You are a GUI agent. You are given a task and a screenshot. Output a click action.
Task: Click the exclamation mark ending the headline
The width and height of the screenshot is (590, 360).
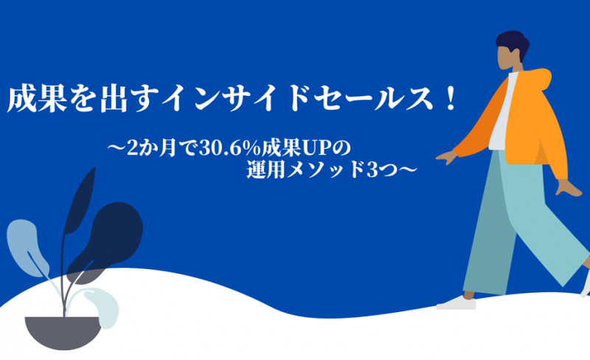450,99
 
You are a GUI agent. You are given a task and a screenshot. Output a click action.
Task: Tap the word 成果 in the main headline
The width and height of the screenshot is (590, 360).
38,100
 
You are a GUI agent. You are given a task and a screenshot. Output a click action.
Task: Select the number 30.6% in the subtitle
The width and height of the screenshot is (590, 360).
230,148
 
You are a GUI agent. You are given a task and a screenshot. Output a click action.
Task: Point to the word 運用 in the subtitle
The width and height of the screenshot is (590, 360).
267,170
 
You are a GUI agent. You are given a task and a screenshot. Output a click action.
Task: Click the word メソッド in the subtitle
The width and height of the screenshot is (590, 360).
325,170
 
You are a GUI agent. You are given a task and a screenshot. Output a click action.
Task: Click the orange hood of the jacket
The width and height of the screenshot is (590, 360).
539,80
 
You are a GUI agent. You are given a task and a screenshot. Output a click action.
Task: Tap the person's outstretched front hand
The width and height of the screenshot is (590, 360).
447,157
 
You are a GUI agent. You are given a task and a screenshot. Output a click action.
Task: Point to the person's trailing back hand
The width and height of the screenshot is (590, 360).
568,188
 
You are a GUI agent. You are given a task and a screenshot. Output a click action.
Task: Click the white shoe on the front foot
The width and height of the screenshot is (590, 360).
457,303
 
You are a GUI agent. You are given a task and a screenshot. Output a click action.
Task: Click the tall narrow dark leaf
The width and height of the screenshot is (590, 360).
79,201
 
